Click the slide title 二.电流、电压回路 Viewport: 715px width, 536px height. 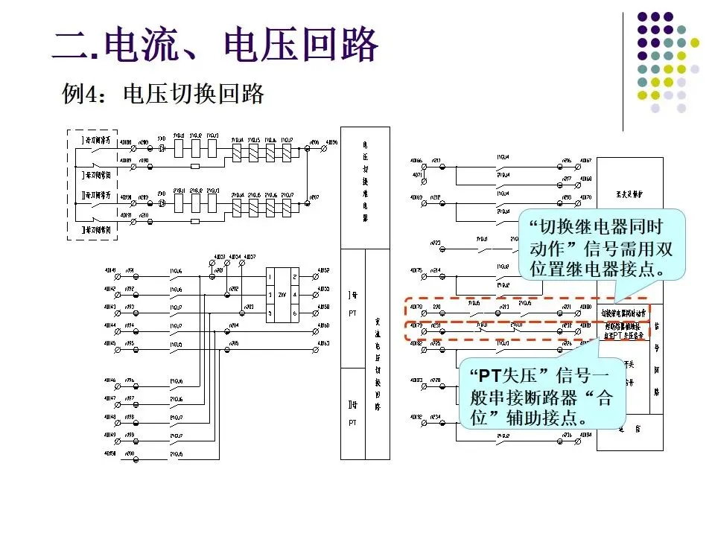point(215,45)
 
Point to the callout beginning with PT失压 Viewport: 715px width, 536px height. point(541,394)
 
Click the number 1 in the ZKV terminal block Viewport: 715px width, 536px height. point(271,275)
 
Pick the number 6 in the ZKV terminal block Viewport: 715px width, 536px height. point(295,313)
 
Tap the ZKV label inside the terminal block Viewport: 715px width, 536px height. point(282,295)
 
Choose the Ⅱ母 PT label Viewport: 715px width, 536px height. point(352,414)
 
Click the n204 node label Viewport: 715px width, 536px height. point(233,326)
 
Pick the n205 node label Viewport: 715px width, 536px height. point(233,344)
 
